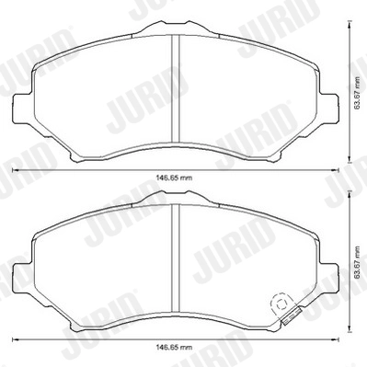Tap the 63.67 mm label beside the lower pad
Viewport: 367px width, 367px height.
coord(358,260)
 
